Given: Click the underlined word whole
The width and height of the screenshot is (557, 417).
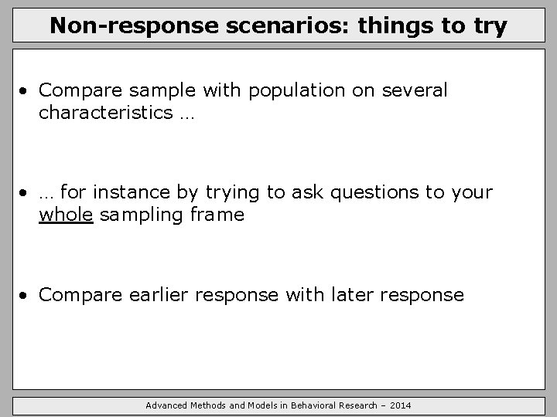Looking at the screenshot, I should (x=66, y=215).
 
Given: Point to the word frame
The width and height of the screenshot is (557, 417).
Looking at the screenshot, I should (x=217, y=215).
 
